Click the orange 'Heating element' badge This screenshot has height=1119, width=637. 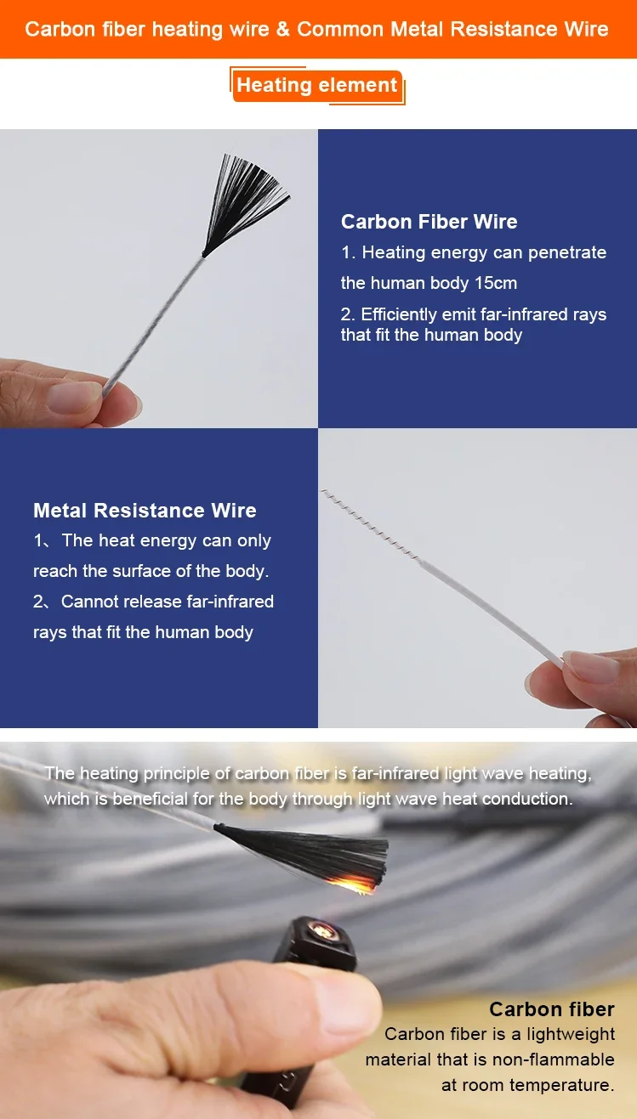tap(317, 86)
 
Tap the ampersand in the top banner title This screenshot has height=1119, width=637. tap(283, 29)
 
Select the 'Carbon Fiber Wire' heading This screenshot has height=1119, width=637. tap(429, 221)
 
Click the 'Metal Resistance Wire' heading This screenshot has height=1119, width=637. tap(145, 510)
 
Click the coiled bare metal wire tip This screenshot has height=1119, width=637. tap(370, 526)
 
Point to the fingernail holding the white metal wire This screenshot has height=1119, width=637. tap(590, 667)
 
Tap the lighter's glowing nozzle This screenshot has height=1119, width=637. tap(320, 930)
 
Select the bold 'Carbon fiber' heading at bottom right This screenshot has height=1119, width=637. tap(551, 1009)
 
